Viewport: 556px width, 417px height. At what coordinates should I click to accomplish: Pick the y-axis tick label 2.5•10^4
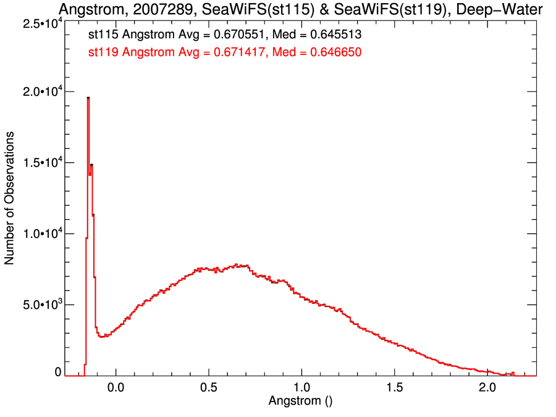point(40,23)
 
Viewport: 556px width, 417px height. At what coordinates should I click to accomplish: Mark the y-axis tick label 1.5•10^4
point(40,163)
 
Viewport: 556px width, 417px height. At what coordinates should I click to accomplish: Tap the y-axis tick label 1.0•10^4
point(40,234)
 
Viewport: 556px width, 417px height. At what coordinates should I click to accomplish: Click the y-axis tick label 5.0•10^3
point(40,305)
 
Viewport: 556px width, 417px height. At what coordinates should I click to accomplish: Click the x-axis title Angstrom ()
point(301,401)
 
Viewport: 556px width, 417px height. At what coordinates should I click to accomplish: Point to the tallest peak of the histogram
point(88,98)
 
